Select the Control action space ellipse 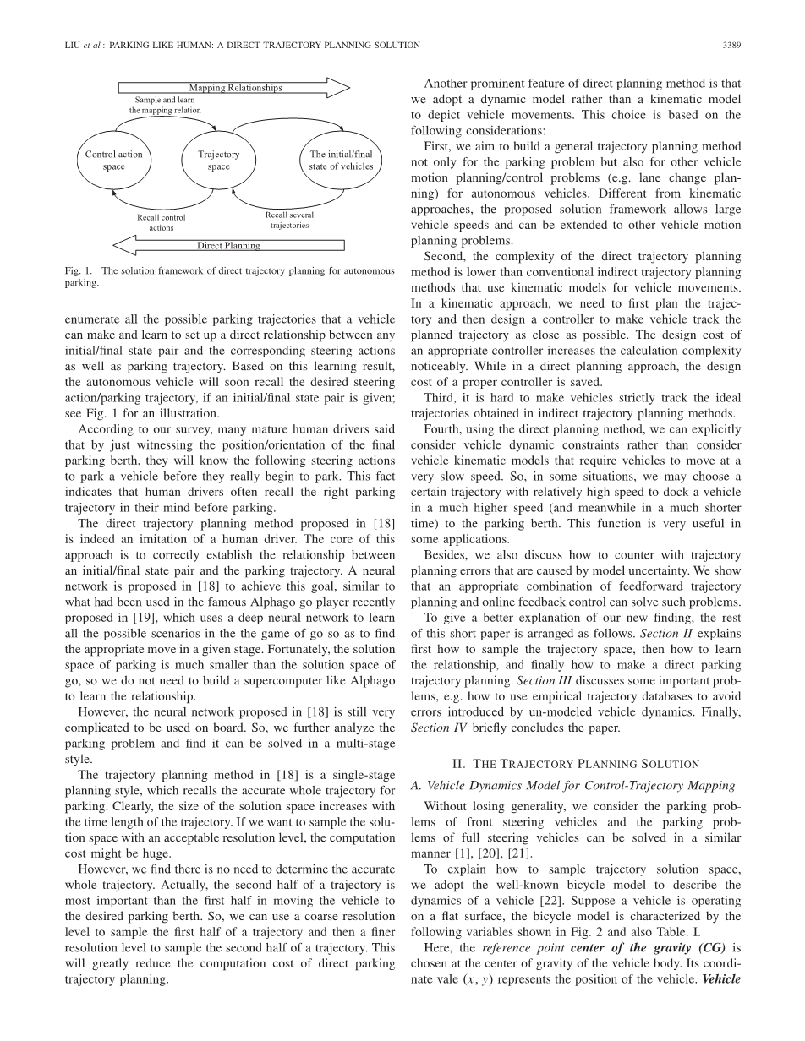[x=113, y=161]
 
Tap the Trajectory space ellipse [x=218, y=161]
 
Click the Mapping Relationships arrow [x=234, y=88]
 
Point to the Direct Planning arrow [x=228, y=246]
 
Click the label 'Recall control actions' [x=161, y=222]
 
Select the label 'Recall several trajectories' [x=289, y=221]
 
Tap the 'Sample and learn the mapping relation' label [x=165, y=105]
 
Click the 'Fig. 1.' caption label [x=77, y=271]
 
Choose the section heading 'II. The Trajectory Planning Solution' [x=575, y=764]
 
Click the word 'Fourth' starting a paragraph [x=443, y=429]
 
